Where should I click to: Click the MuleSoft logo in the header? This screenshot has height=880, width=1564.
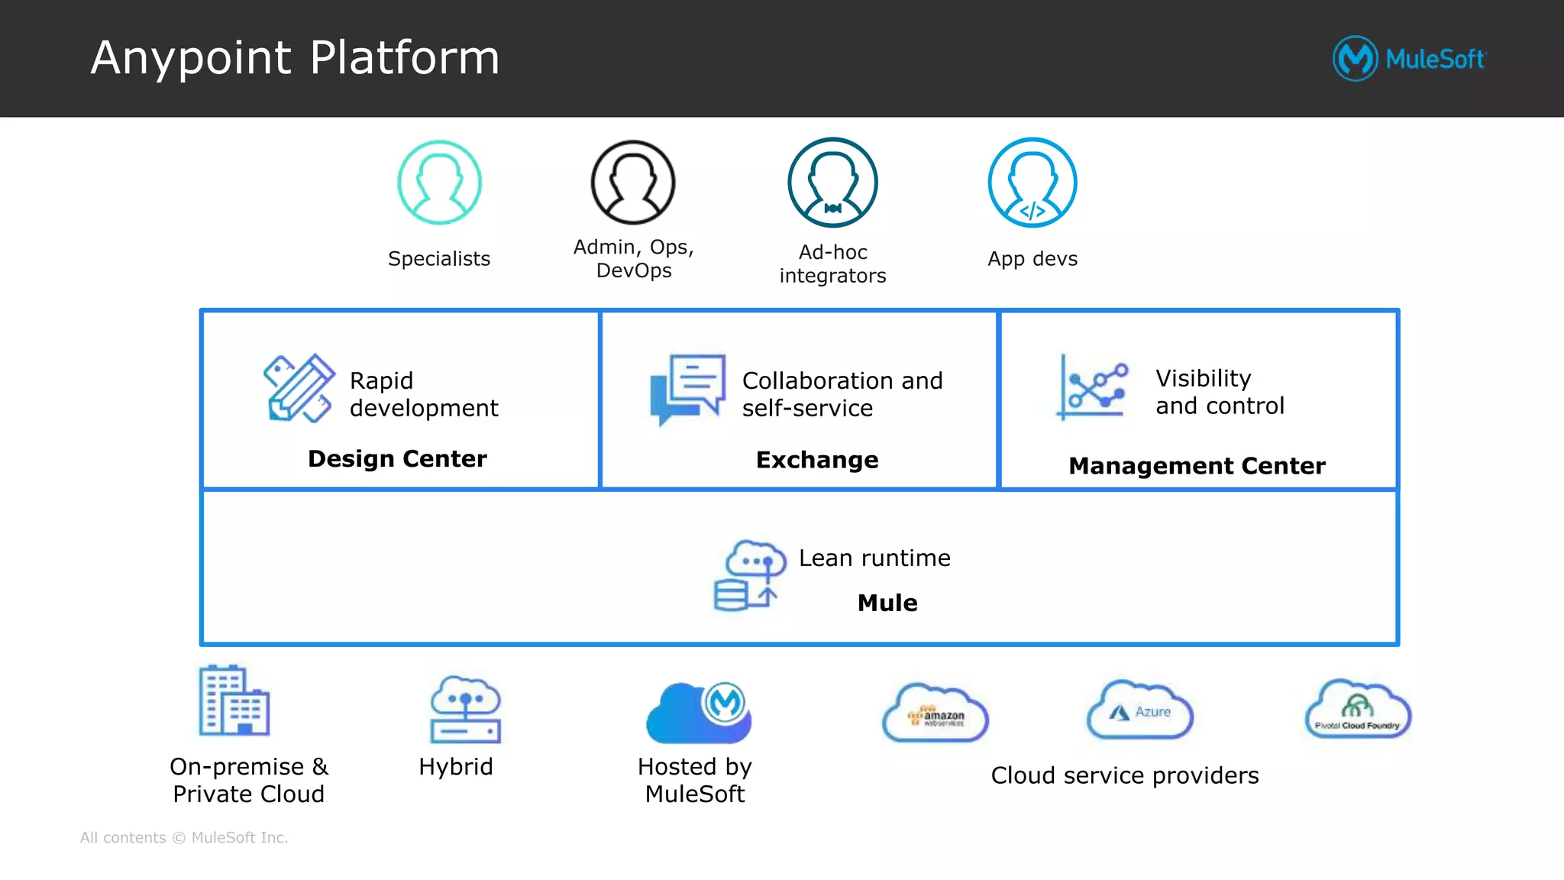point(1409,59)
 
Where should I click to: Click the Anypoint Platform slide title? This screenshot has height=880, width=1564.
point(295,58)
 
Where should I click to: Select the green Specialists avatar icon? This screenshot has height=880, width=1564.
point(439,183)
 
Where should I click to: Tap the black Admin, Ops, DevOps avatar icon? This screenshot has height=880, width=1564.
point(633,183)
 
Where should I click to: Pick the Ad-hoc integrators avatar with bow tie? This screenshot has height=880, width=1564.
point(832,183)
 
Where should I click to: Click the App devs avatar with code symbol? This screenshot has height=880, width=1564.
point(1032,183)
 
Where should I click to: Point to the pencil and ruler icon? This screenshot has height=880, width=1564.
point(299,388)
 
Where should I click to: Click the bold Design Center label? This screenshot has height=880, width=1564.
point(397,458)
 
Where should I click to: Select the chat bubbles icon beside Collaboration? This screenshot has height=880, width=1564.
point(687,388)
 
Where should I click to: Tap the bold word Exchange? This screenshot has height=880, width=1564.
point(817,460)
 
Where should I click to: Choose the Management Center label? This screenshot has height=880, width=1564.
point(1197,465)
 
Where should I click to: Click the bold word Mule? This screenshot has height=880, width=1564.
point(887,603)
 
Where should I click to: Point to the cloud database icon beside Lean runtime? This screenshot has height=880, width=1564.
point(749,575)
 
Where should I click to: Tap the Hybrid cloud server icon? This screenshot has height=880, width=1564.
point(465,709)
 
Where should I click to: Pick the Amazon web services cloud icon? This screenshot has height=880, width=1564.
point(935,713)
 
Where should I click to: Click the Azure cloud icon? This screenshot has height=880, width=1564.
point(1139,710)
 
